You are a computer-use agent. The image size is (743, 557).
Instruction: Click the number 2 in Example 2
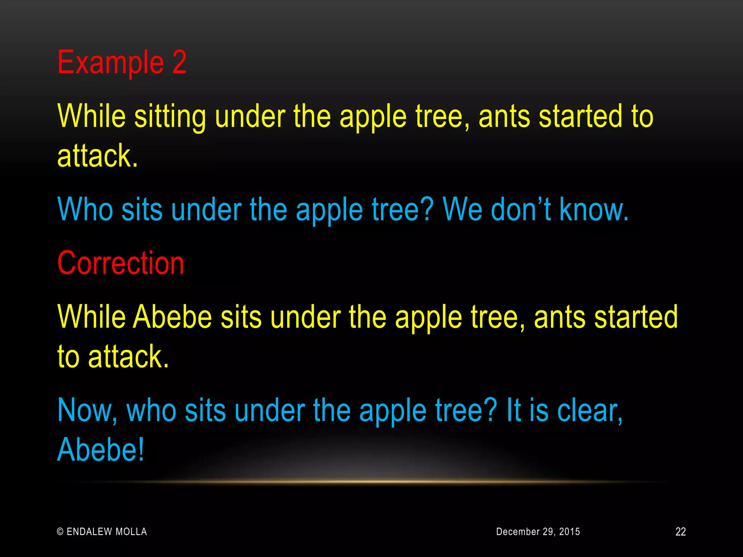tap(179, 62)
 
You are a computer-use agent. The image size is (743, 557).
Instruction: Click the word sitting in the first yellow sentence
tap(170, 117)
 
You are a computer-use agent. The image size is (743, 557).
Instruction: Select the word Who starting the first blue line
tap(85, 209)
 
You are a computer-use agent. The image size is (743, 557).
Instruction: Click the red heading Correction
tap(121, 263)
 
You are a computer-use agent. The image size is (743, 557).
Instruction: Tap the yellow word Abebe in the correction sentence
tap(172, 317)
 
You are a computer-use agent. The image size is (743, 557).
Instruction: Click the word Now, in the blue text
tap(87, 410)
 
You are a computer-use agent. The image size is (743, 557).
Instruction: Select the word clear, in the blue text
tap(590, 410)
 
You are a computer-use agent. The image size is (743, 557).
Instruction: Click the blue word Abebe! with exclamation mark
tap(101, 450)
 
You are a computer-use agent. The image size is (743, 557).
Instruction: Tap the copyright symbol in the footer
tap(61, 532)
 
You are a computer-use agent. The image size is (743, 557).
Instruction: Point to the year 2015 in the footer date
tap(569, 532)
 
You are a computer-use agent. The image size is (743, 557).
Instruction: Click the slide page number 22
tap(681, 532)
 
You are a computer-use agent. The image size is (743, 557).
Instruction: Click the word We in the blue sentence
tap(462, 209)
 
